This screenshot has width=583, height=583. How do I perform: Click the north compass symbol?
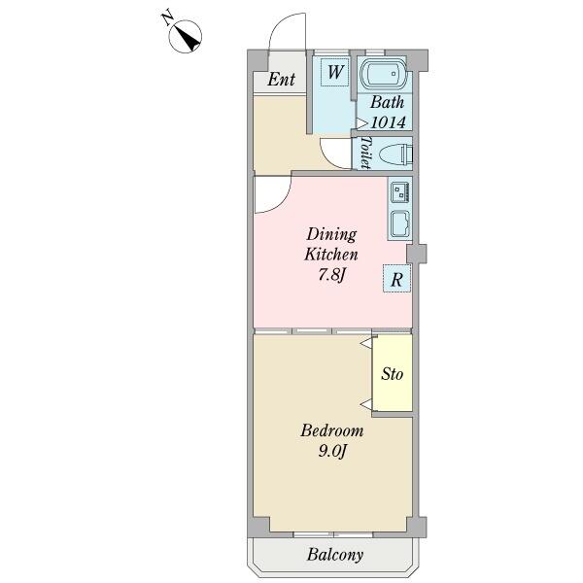tap(186, 37)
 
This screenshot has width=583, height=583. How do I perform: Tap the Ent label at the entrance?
tap(281, 79)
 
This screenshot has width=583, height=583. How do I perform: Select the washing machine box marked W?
tap(334, 72)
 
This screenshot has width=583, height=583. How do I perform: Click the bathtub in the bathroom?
tap(385, 74)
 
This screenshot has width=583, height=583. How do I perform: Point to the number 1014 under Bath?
tap(388, 122)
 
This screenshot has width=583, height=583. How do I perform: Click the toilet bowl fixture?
tap(396, 154)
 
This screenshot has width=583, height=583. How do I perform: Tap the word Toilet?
tap(366, 153)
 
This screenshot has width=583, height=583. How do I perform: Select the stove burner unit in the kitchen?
tap(400, 191)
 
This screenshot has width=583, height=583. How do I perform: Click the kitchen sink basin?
tap(400, 224)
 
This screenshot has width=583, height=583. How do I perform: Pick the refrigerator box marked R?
tap(396, 279)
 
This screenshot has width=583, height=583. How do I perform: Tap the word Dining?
tap(331, 235)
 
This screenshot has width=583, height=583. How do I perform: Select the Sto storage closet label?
tap(392, 374)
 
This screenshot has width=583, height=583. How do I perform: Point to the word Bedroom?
tap(332, 430)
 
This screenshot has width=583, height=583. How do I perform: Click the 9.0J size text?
tap(332, 452)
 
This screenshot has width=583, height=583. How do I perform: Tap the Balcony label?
tap(335, 555)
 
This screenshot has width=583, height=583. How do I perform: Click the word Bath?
tap(387, 102)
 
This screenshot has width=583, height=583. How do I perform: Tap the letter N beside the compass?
tap(167, 18)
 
